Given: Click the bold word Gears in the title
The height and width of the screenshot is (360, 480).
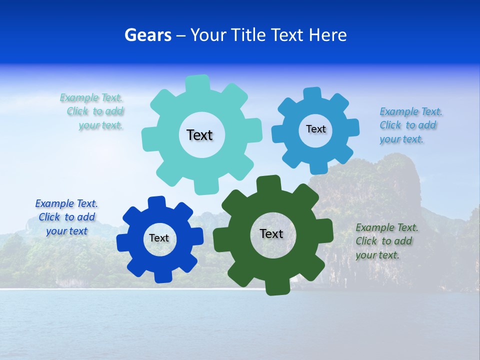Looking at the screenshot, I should click(x=147, y=35).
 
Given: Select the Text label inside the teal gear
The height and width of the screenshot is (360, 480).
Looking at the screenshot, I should click(x=199, y=135).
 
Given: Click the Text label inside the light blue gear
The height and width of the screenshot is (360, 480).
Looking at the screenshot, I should click(x=315, y=129).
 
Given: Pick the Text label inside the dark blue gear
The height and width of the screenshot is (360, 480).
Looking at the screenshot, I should click(x=159, y=238).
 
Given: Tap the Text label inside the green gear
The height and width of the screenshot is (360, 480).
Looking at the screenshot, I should click(x=271, y=233).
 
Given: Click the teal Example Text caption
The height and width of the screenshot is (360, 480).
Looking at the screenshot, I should click(x=92, y=111).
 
